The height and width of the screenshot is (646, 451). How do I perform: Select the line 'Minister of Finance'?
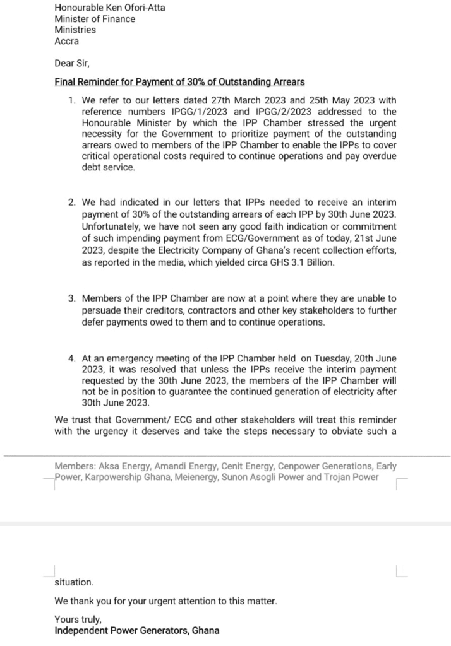click(95, 19)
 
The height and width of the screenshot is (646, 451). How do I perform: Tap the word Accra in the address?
click(67, 42)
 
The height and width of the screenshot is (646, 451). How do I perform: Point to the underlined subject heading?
click(179, 82)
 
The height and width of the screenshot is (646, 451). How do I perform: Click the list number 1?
click(72, 100)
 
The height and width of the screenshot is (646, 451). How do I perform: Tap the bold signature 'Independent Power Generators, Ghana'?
click(137, 630)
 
